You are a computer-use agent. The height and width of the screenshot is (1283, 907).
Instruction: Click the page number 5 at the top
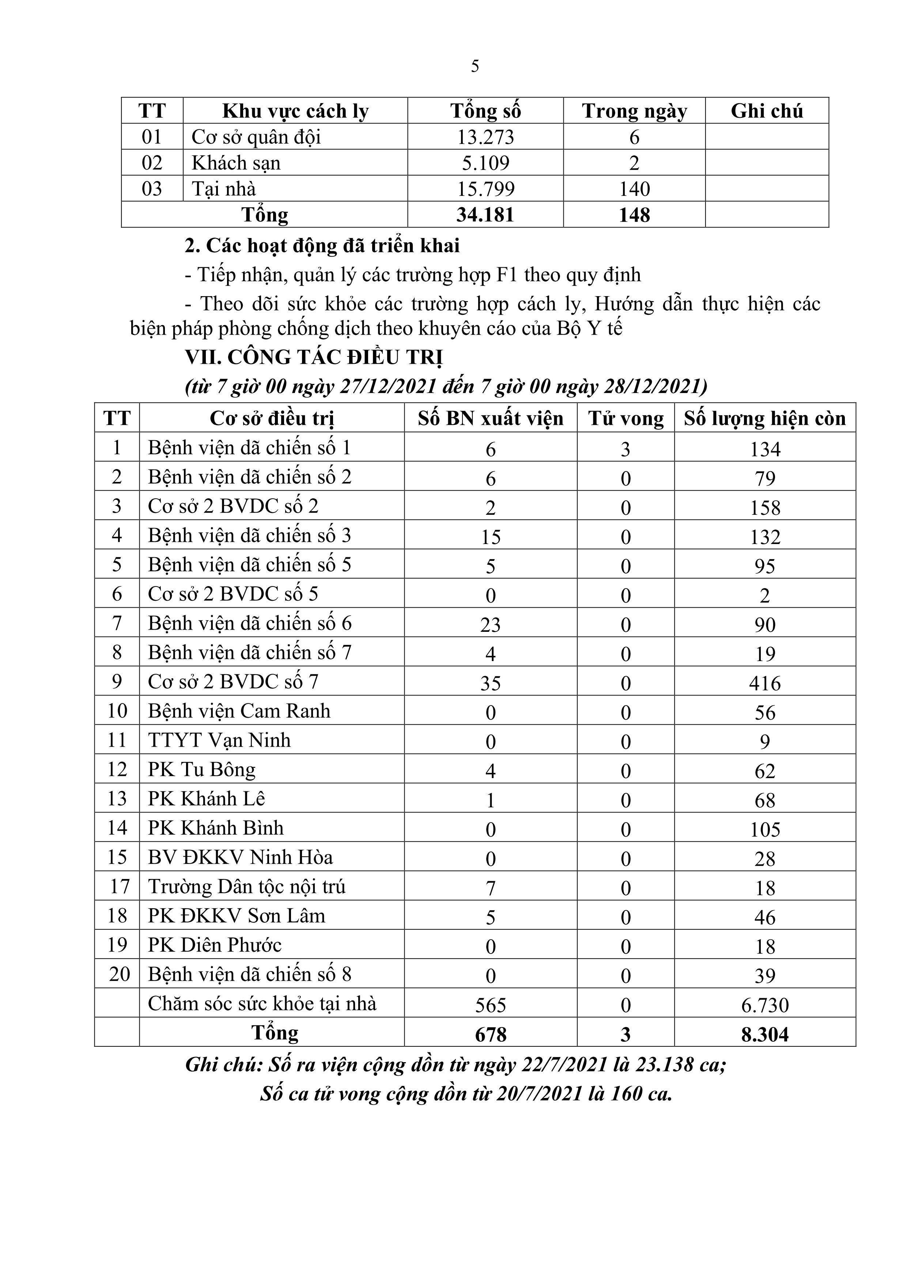click(x=475, y=67)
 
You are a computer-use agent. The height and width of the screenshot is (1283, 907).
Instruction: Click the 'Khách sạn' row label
click(x=236, y=163)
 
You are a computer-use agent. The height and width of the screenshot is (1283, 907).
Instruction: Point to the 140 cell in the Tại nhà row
click(x=634, y=189)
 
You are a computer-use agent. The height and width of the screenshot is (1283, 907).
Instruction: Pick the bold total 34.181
click(x=485, y=215)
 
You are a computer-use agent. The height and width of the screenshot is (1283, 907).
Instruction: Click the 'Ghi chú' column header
click(x=767, y=111)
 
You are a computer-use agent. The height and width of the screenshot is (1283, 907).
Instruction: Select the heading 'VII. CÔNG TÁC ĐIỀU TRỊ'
click(x=314, y=358)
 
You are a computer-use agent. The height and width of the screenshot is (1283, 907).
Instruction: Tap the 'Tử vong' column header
click(x=626, y=419)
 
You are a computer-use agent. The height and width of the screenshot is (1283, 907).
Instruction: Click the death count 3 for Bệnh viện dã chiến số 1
click(x=626, y=449)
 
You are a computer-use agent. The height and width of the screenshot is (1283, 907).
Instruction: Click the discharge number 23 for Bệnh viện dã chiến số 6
click(x=490, y=624)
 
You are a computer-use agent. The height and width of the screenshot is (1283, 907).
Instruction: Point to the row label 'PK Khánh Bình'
click(x=216, y=827)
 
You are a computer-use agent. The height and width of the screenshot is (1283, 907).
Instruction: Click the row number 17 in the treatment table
click(x=117, y=887)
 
